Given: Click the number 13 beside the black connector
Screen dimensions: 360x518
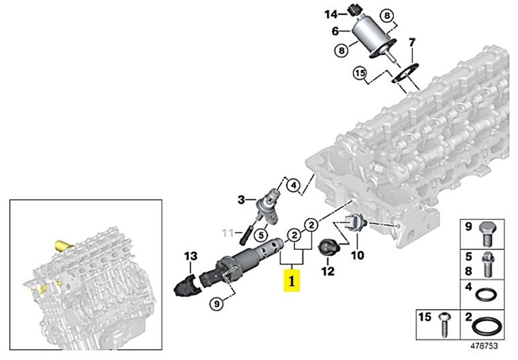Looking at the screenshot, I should pos(191,255).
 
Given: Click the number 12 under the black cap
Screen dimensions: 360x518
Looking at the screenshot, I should pos(327,272).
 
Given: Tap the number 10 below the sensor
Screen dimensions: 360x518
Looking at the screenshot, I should pos(357,255).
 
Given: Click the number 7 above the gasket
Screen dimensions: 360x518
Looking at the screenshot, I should pos(412,43).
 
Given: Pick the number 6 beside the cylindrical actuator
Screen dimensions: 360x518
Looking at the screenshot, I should pos(335,30).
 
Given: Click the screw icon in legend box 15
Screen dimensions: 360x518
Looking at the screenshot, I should pos(444,323).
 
